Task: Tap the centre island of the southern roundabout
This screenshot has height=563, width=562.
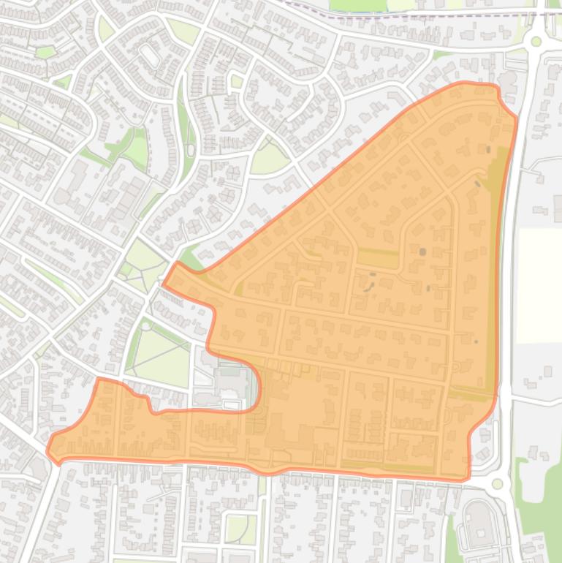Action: [x=498, y=483]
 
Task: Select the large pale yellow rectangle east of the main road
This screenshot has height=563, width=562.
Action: [x=539, y=285]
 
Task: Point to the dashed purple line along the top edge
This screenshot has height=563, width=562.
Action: [x=409, y=12]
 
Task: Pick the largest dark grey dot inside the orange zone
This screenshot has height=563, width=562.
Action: [x=422, y=252]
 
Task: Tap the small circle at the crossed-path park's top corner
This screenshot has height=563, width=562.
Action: [x=146, y=325]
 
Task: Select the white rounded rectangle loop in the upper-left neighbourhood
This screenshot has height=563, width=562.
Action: [x=150, y=55]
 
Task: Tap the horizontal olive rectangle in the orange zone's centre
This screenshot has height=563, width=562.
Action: [x=378, y=257]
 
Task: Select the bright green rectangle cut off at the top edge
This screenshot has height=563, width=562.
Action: [x=357, y=4]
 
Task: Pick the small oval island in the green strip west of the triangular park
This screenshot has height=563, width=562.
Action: [x=191, y=150]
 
